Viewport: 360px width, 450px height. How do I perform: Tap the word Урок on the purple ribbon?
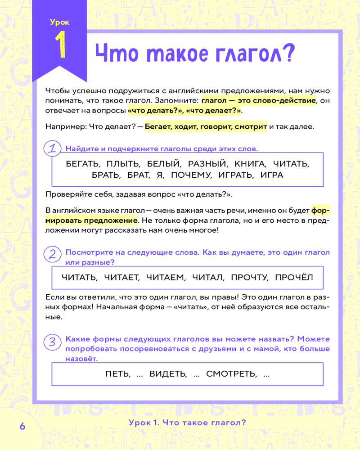[60, 22]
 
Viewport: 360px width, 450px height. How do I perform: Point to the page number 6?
[22, 426]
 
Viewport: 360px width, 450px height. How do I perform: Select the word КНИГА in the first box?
[247, 163]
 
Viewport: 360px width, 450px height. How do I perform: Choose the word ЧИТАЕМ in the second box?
[166, 278]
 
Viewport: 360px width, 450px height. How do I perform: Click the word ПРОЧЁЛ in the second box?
[293, 278]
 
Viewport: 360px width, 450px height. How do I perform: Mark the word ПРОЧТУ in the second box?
[249, 278]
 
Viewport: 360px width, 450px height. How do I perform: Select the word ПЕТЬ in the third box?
[118, 374]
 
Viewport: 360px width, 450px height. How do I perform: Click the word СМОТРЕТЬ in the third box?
[232, 374]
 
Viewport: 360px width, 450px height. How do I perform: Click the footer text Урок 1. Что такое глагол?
[187, 423]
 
